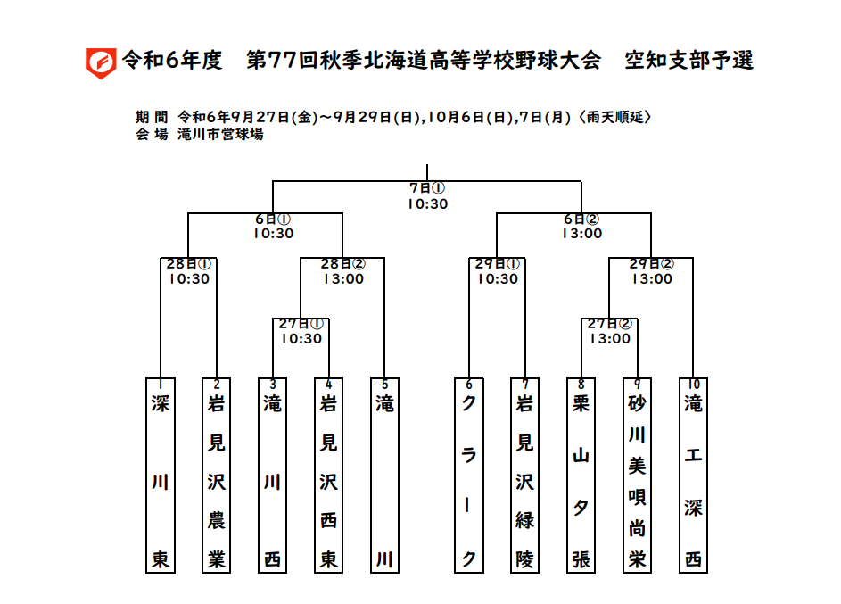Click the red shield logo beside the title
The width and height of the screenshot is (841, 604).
101,63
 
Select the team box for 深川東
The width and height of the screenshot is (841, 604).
161,476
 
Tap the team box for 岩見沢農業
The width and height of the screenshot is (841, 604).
216,476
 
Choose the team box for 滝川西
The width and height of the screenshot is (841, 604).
273,476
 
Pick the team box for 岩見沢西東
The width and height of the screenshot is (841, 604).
328,476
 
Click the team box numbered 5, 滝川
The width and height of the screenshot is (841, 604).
384,476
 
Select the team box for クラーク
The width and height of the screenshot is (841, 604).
469,476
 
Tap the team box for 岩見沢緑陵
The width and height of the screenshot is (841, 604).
524,476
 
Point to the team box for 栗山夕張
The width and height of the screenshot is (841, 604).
581,476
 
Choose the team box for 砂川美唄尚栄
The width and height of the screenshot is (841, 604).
637,476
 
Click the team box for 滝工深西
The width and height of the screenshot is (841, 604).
693,476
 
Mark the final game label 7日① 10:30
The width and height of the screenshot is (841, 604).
427,195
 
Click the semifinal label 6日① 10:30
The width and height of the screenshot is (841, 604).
274,226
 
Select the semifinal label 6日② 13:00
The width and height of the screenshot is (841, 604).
582,226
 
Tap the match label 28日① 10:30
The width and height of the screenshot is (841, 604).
189,271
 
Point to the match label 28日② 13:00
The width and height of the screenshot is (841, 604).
343,271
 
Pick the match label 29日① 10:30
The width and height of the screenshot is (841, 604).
498,271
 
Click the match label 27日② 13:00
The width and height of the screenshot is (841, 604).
610,331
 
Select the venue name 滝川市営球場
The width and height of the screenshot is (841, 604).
220,134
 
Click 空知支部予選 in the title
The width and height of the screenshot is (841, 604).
689,60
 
